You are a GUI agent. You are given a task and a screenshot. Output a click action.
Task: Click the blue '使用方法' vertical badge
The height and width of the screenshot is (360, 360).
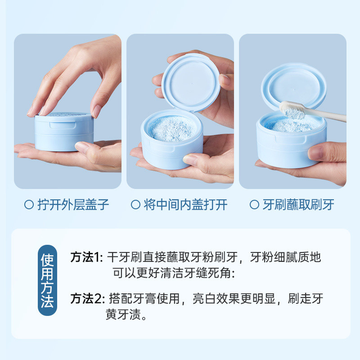[47, 280]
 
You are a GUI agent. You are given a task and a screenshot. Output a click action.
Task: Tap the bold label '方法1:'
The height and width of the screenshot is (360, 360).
[86, 257]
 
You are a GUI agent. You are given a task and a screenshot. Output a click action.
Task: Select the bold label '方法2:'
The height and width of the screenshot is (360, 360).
[87, 299]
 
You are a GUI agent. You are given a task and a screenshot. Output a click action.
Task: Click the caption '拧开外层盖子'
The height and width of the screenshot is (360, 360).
[73, 205]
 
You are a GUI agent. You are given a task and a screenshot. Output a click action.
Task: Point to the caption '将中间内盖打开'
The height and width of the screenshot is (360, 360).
[185, 205]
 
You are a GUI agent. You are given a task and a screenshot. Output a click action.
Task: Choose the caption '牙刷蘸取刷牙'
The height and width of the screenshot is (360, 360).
[298, 205]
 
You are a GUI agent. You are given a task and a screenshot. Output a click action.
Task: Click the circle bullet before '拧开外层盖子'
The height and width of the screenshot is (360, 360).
[29, 205]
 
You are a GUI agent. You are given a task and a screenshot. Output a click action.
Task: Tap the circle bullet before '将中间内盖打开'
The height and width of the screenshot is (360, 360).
[135, 205]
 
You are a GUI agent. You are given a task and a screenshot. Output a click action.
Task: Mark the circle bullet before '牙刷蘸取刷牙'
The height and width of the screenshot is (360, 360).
[254, 205]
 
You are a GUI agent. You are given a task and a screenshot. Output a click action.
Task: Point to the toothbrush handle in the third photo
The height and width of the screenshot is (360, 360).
[326, 115]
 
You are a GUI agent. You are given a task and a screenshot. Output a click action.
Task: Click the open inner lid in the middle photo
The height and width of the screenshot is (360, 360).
[190, 83]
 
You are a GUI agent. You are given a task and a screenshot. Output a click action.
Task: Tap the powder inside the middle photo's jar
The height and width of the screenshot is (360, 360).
[172, 128]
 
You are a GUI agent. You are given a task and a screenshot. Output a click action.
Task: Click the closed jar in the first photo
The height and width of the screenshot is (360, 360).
[64, 131]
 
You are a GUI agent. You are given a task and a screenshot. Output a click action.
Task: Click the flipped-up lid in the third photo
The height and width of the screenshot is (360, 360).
[294, 86]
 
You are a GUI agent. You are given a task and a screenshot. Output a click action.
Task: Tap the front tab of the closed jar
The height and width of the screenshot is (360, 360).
[63, 125]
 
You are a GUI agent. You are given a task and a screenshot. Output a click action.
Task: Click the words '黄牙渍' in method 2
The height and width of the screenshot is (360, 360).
[123, 314]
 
